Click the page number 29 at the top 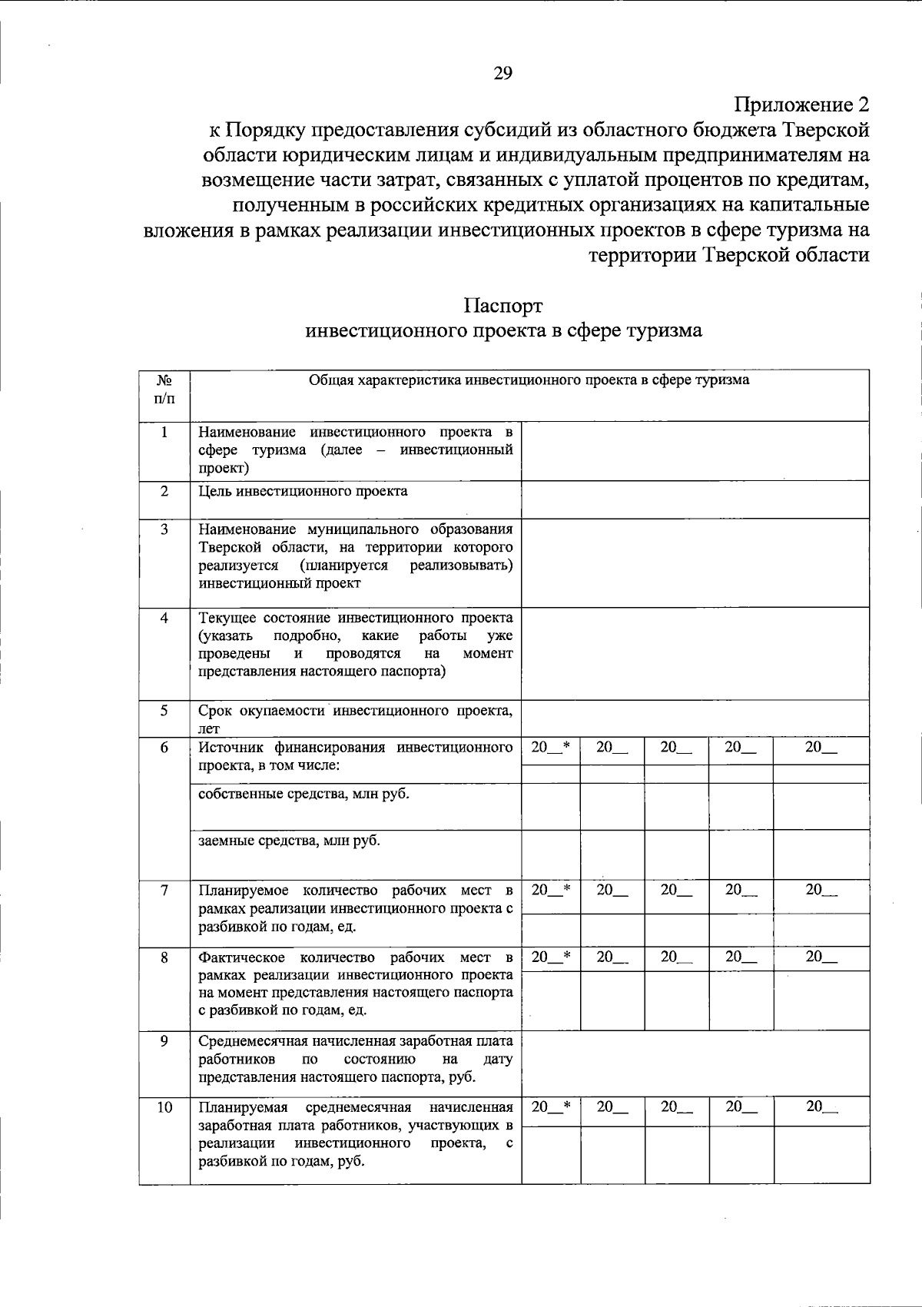click(502, 74)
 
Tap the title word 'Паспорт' click(503, 305)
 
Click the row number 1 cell click(164, 432)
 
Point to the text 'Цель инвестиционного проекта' click(303, 491)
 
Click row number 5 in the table click(164, 710)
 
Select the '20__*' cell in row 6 click(551, 746)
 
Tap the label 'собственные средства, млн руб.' click(303, 794)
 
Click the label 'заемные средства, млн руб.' click(289, 841)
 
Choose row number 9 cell click(164, 1041)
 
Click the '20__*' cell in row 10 click(551, 1106)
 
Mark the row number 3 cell click(164, 529)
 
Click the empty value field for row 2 click(695, 499)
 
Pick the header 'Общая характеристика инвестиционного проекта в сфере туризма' click(529, 380)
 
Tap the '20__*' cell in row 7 click(551, 890)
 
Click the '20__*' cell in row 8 click(551, 957)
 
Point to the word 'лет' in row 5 click(209, 728)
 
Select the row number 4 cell click(164, 618)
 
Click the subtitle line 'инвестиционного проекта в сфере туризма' click(503, 331)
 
